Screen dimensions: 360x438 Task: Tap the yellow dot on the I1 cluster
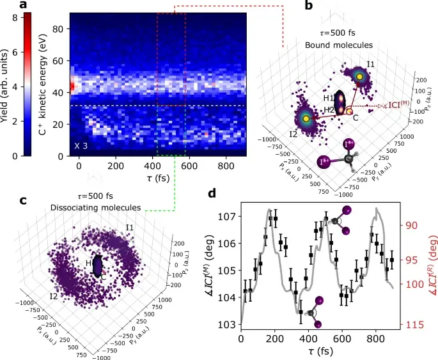pos(361,77)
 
